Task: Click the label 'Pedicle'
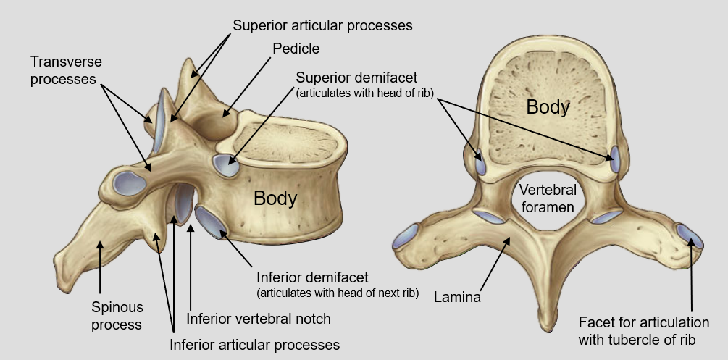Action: (296, 49)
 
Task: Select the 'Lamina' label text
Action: (458, 296)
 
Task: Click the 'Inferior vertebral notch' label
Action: (259, 319)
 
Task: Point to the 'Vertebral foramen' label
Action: (548, 198)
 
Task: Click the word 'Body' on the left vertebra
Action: (276, 198)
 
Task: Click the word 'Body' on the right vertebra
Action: (548, 106)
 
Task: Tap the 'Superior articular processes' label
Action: (322, 25)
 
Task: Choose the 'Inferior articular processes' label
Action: (254, 343)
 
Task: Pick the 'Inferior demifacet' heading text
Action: (313, 277)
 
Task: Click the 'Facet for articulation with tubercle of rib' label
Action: (643, 330)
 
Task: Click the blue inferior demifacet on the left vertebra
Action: (212, 222)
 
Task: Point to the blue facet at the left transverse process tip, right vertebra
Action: (404, 237)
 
